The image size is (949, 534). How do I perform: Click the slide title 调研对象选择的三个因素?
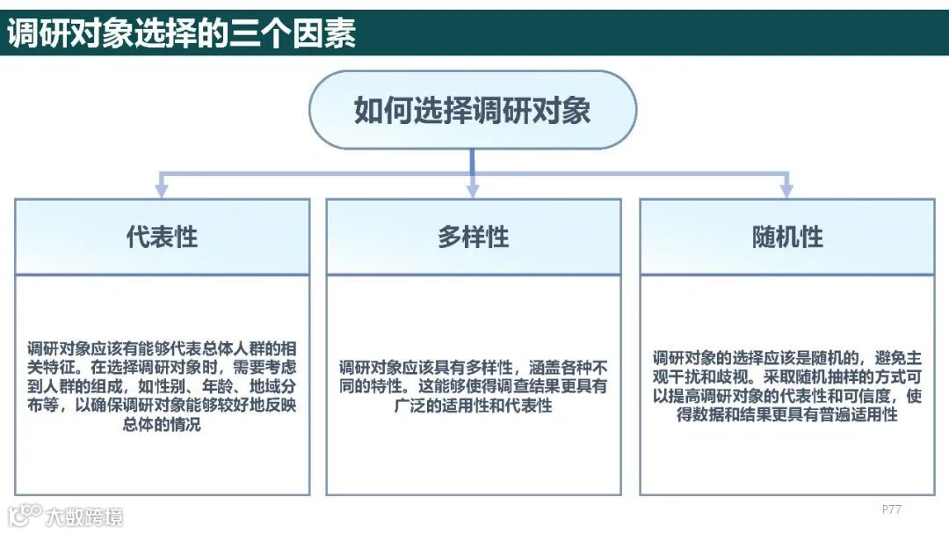tap(182, 33)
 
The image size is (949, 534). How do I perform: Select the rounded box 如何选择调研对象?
tap(472, 110)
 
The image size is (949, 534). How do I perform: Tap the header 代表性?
tap(163, 237)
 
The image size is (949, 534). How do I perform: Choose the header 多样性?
tap(474, 237)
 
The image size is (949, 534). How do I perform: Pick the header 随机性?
tap(787, 237)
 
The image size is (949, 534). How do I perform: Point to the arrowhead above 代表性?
tap(161, 189)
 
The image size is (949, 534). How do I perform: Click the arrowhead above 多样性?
tap(473, 189)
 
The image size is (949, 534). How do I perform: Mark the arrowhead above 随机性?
tap(786, 189)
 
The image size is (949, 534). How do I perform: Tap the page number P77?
tap(891, 509)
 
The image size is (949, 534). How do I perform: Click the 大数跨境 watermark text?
tap(85, 516)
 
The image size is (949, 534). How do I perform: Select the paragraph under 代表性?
tap(163, 385)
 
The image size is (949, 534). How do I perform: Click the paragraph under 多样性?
tap(474, 385)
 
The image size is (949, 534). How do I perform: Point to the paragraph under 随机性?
tap(787, 385)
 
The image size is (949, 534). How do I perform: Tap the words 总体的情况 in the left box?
tap(163, 425)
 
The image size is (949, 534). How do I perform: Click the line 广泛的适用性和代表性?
tap(474, 406)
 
